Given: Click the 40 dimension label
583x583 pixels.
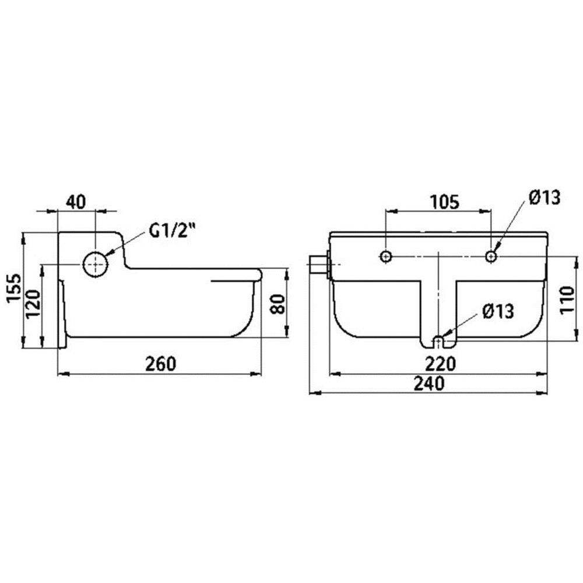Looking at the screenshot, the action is click(76, 202).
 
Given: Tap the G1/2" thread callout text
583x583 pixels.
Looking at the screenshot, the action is click(172, 230).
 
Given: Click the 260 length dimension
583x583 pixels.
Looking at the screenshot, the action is click(160, 364).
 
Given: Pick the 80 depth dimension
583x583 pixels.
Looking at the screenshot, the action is click(278, 304).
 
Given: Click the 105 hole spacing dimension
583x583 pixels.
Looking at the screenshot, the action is click(445, 202).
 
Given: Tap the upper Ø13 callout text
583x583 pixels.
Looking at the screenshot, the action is click(545, 197).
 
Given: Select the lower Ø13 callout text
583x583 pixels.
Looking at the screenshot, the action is click(498, 311).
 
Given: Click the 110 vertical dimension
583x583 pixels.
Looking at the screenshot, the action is click(567, 300).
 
